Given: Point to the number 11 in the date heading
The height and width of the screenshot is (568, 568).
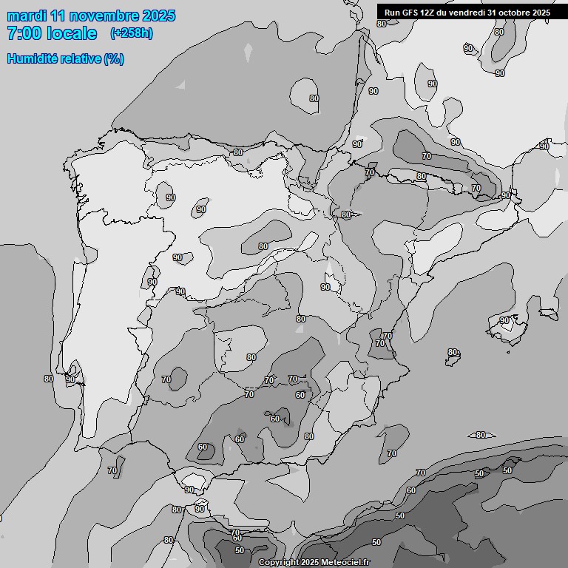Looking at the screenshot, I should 61,16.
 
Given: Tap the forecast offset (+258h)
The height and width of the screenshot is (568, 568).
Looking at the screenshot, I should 132,33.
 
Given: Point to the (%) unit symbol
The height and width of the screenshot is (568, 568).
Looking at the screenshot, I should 114,59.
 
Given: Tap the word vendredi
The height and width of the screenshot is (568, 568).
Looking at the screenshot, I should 470,13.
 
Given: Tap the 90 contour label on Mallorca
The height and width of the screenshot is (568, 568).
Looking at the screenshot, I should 505,320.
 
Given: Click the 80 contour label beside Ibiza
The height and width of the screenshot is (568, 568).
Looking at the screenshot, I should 453,353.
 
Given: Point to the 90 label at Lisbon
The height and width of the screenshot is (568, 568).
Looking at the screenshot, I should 70,379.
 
